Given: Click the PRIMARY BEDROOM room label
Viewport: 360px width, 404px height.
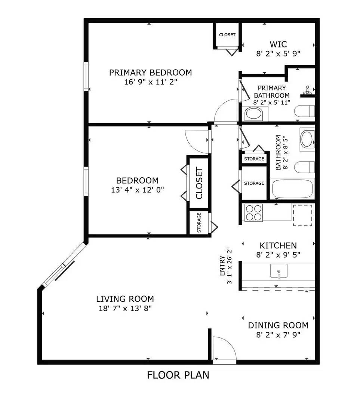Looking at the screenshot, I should [x=150, y=73].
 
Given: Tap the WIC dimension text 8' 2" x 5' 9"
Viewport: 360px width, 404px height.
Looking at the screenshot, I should [x=279, y=53].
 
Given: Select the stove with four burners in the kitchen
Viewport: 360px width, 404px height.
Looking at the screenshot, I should [x=253, y=212].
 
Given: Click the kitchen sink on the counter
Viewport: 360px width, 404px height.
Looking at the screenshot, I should [x=279, y=270].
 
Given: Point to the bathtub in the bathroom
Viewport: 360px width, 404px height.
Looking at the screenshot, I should [x=292, y=189].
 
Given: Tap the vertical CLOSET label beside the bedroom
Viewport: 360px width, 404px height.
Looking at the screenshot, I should [x=199, y=183].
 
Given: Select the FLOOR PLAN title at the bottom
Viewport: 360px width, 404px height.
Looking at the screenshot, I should [x=178, y=375].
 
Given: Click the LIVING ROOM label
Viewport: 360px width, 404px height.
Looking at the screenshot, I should [x=125, y=299].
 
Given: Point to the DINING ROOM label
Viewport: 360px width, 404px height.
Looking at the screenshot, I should [x=278, y=325].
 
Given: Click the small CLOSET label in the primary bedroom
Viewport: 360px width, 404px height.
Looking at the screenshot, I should [x=227, y=35].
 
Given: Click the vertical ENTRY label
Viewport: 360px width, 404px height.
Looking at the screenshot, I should [x=222, y=265].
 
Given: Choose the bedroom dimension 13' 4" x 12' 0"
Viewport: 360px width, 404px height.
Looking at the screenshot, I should [x=137, y=190].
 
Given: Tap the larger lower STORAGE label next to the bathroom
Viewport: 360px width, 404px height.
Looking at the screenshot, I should [x=254, y=183].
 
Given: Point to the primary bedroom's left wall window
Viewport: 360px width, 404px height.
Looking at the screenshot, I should [x=86, y=77].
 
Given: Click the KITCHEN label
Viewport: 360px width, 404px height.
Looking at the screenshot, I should [x=278, y=246].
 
